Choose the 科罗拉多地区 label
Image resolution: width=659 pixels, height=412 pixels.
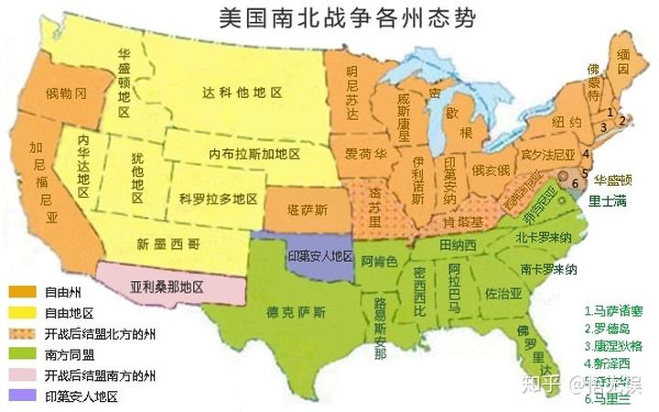coord(219,199)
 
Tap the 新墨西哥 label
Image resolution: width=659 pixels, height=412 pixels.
coord(169,244)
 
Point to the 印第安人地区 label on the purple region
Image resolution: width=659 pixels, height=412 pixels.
coord(321,255)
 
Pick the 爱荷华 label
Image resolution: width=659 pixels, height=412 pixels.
coord(364,152)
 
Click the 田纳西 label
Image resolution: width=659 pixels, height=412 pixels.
coord(459,244)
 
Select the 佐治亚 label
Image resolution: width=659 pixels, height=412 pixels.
coord(503,294)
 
